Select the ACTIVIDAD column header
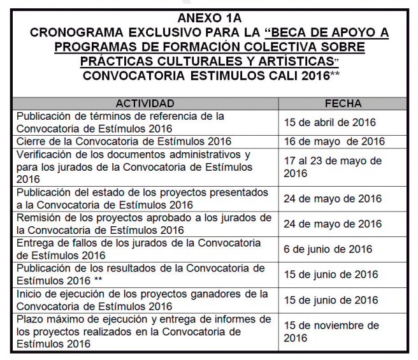(x=145, y=103)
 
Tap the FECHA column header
(x=343, y=103)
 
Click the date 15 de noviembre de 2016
(x=331, y=331)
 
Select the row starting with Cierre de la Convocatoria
(x=124, y=141)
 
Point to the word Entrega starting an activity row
(x=34, y=243)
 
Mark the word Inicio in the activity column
(x=29, y=294)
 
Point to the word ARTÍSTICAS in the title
(x=294, y=61)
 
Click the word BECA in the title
(x=294, y=32)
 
